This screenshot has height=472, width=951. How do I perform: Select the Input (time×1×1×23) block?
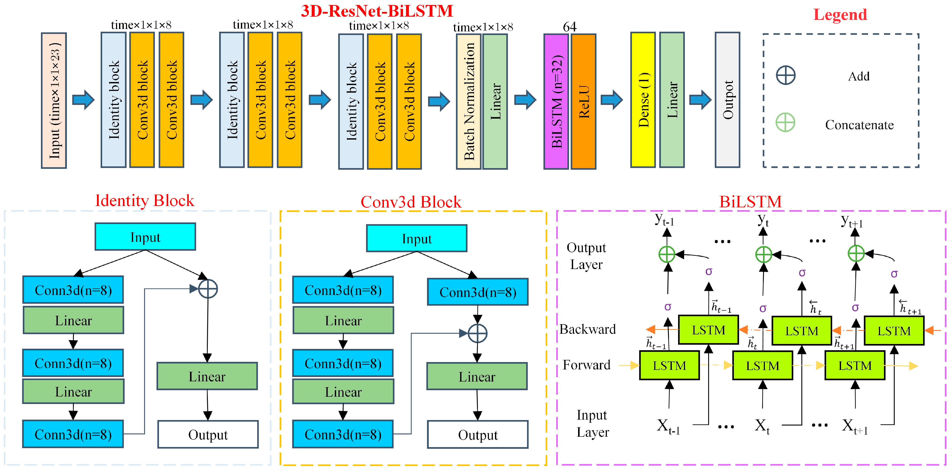coord(54,100)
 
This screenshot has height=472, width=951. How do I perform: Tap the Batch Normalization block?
coord(469,101)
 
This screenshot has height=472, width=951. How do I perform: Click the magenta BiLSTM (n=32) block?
coord(556,101)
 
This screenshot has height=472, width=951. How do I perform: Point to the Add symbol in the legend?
coord(786,76)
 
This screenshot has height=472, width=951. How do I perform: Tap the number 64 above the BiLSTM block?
coord(570,27)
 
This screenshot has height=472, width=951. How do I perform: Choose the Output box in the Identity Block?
coord(208,434)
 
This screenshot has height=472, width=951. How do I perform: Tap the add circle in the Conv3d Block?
coord(477,333)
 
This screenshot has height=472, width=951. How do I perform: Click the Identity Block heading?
coord(145,201)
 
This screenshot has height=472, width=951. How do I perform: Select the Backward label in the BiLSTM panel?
coord(587,329)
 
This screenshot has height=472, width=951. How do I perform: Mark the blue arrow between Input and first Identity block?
coord(83,100)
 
